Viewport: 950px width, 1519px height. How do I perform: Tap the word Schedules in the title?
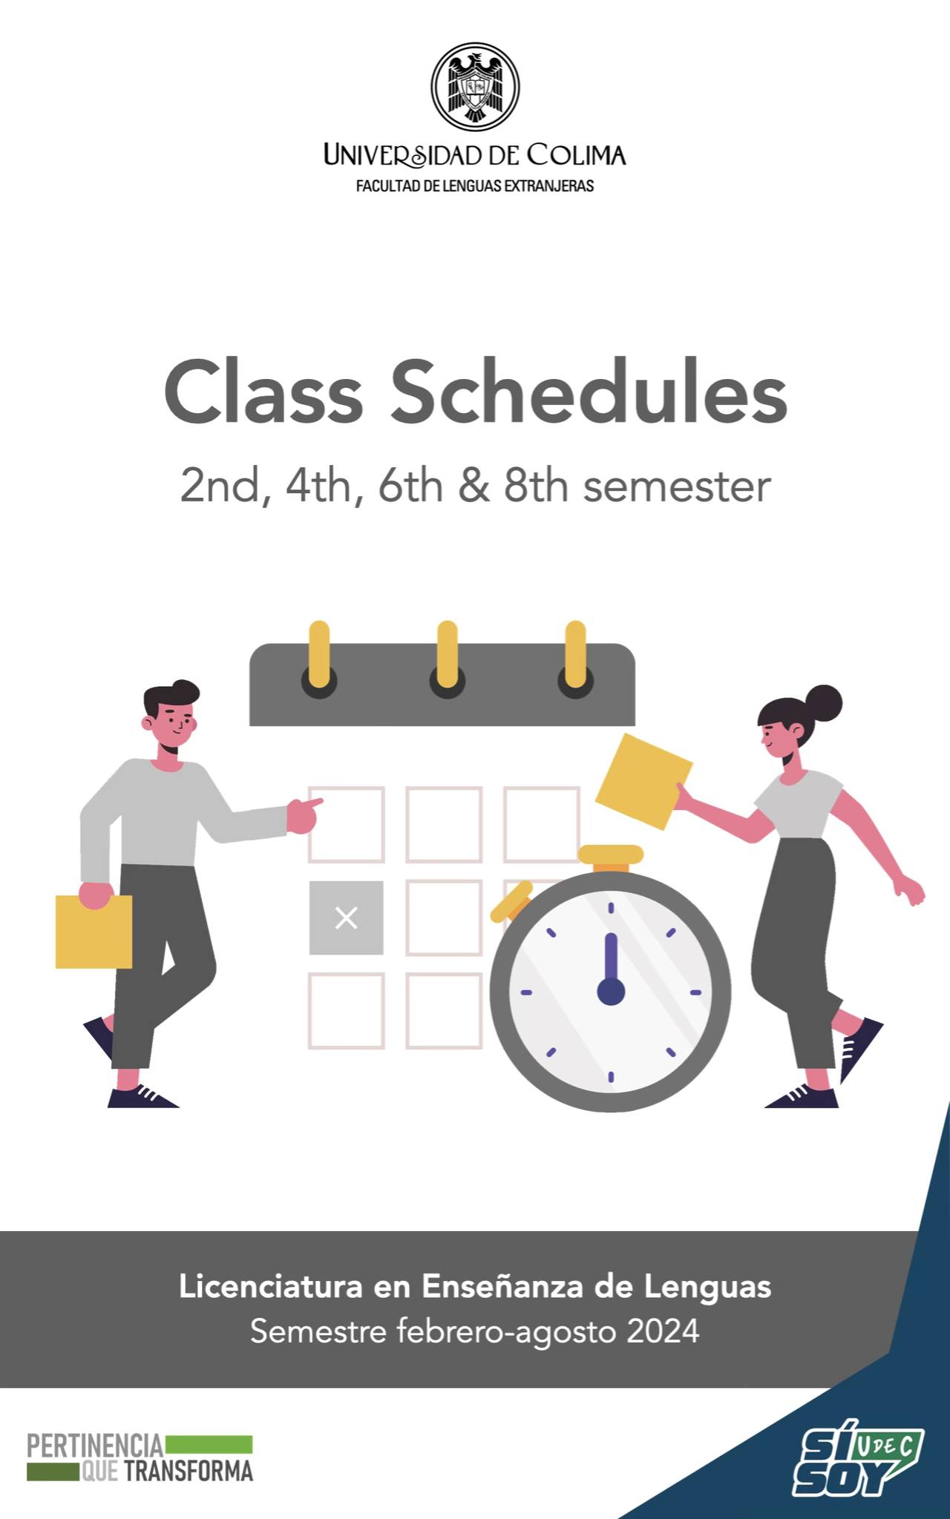589,391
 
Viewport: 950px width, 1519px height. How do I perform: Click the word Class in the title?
263,391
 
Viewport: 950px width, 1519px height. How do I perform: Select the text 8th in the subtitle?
536,487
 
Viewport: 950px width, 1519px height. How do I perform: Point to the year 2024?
663,1331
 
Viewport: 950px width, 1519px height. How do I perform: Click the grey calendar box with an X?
347,917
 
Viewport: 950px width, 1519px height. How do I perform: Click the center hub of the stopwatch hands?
611,992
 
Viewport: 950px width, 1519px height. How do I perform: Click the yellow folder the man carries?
94,932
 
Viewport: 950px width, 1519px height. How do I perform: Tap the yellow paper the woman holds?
644,781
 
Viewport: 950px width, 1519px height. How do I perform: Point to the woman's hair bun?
824,703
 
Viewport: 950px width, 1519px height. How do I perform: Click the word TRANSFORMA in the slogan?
189,1472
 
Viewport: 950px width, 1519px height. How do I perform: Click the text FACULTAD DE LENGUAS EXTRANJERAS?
475,186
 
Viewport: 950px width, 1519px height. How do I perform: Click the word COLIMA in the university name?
576,155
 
